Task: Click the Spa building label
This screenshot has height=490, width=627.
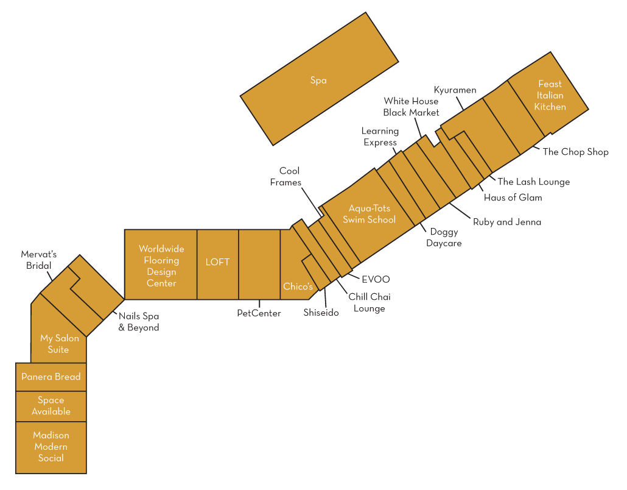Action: point(318,80)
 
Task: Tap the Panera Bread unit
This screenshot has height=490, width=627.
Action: point(51,377)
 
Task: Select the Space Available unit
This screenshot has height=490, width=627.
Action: point(51,407)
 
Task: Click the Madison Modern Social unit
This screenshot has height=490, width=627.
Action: point(51,447)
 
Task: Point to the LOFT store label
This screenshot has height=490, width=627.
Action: point(217,262)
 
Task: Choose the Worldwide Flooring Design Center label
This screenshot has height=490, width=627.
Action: point(161,266)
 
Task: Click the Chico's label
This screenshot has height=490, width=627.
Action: point(298,286)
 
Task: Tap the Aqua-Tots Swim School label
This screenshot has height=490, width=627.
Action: point(369,214)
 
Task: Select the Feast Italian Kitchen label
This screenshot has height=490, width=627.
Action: point(550,95)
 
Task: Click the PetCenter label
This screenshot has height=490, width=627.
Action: point(259,313)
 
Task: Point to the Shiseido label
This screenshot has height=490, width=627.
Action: point(321,313)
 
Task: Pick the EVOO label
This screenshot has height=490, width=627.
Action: point(376,279)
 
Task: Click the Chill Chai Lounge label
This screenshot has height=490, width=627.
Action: point(370,303)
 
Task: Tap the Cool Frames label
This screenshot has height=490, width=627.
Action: point(285,177)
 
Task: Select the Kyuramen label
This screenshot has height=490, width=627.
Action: point(455,90)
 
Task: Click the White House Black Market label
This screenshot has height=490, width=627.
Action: point(411,107)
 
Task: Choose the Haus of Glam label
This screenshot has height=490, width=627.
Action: point(513,197)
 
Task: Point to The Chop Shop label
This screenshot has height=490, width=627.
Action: point(575,152)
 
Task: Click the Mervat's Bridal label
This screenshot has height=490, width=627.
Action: point(39,260)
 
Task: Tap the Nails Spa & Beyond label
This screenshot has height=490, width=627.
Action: point(139,322)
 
